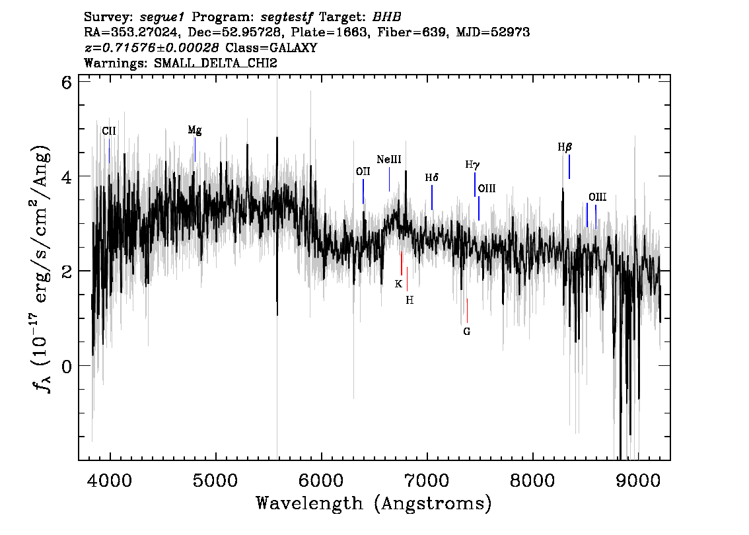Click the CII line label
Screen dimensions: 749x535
(109, 131)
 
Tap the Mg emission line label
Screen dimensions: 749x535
(194, 130)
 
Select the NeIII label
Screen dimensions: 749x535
(389, 160)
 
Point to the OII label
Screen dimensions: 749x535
(363, 172)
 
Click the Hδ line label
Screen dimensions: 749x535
(432, 178)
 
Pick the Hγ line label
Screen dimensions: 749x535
(472, 165)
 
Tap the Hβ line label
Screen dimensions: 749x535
(565, 147)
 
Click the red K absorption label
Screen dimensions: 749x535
(398, 284)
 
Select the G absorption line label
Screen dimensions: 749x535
(467, 332)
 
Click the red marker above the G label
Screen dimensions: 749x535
(467, 311)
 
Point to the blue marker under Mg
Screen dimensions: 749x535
(195, 149)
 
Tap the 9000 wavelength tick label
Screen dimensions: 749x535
(637, 480)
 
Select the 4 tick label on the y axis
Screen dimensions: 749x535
(67, 177)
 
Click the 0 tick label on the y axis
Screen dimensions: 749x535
(67, 367)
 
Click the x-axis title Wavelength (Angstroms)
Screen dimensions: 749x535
(374, 503)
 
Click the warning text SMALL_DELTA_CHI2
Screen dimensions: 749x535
(215, 63)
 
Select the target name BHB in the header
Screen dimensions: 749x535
(386, 17)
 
